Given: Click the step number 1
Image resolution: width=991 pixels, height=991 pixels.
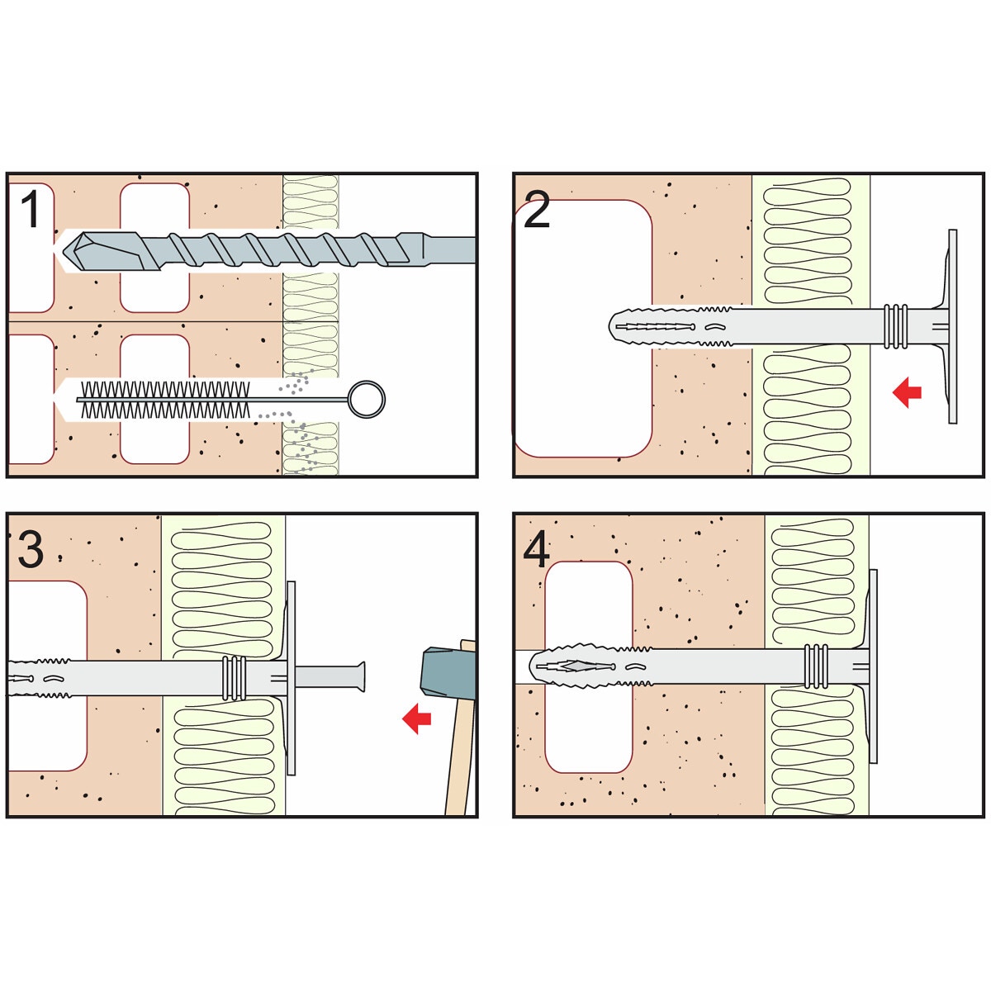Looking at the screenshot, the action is [31, 209].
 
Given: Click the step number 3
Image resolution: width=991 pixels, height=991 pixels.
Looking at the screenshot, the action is [31, 549].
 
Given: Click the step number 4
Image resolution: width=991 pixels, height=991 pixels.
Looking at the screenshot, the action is [537, 549].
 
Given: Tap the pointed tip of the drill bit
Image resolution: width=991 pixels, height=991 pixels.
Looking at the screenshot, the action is [64, 251].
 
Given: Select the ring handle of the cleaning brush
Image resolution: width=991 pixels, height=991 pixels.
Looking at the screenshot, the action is [367, 399].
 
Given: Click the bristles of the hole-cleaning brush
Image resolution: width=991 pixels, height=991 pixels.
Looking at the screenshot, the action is [166, 400].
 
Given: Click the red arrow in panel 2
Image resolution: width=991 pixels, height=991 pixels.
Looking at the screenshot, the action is [907, 393].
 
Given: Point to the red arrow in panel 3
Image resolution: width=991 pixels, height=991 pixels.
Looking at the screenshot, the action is [416, 719].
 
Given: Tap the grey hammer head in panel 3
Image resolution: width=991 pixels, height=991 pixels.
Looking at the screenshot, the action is [448, 675].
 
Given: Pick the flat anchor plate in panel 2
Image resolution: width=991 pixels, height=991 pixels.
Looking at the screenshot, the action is [952, 326].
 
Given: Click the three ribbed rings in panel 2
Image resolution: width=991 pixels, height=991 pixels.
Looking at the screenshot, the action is [895, 326].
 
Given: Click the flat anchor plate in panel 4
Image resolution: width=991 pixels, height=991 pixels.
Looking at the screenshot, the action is [873, 666].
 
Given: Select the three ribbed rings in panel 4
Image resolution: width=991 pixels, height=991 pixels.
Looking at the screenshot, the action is [816, 666].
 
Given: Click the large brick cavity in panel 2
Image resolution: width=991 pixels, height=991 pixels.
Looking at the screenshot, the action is [584, 328].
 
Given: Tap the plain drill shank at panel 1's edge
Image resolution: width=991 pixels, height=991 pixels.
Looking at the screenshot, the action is [449, 249].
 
